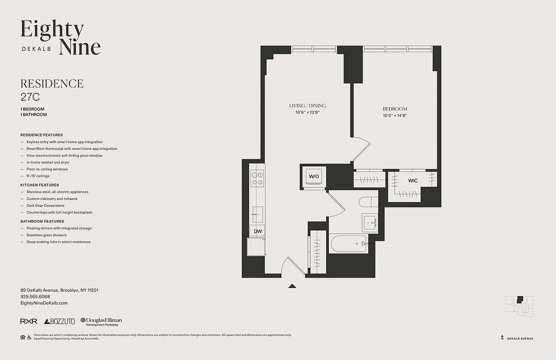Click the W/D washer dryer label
click(x=313, y=176)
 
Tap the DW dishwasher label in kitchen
click(x=257, y=231)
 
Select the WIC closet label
click(x=413, y=181)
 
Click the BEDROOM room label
click(x=395, y=109)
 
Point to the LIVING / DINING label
click(x=307, y=106)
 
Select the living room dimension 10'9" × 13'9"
click(x=307, y=112)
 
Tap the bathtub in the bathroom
click(x=349, y=244)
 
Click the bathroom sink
click(x=370, y=222)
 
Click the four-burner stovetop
click(x=257, y=179)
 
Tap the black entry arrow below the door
click(x=292, y=285)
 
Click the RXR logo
click(x=29, y=321)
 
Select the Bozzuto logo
click(x=60, y=321)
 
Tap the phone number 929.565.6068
click(x=35, y=297)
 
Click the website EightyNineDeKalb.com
click(x=44, y=303)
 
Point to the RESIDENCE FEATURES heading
click(x=41, y=135)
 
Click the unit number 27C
click(x=30, y=96)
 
